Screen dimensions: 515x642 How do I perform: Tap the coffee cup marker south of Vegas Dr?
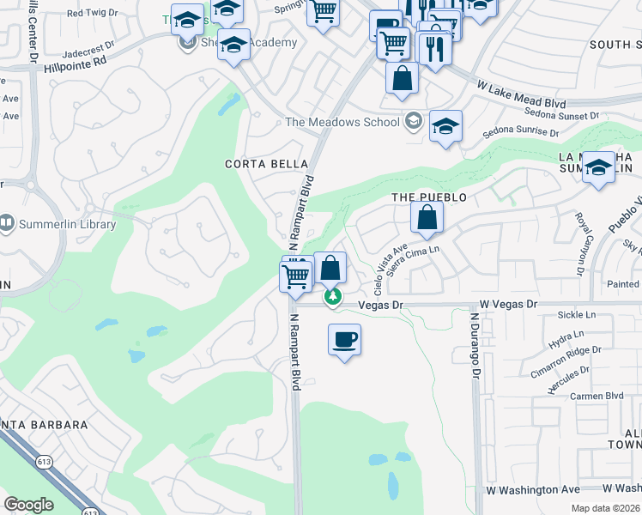(x=344, y=340)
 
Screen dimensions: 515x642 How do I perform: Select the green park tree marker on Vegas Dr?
(x=332, y=297)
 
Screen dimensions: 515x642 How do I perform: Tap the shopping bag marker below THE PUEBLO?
(x=427, y=219)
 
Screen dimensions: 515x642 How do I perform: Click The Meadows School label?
(x=342, y=122)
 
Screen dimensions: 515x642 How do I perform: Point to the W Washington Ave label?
(x=532, y=490)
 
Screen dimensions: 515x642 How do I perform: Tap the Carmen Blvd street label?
(x=602, y=396)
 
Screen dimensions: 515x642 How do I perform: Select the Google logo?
(x=28, y=505)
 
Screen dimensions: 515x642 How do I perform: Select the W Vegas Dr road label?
(x=507, y=304)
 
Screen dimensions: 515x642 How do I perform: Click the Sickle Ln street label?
(x=576, y=315)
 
